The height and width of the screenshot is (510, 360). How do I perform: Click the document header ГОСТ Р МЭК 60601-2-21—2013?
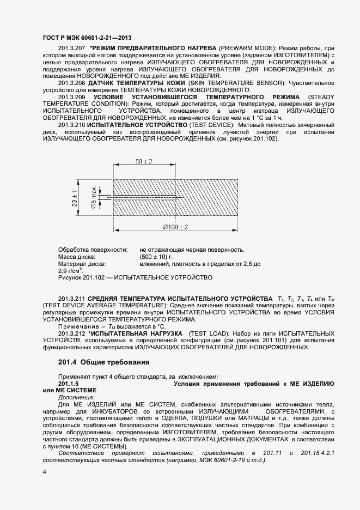point(87,38)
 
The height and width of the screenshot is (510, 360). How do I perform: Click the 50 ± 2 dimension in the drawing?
point(144,162)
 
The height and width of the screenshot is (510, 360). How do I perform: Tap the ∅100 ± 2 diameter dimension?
point(175,227)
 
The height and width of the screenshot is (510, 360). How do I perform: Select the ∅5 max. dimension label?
point(93,197)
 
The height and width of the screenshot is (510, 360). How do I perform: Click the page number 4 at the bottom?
point(44,472)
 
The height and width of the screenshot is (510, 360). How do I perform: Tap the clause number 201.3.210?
point(71,125)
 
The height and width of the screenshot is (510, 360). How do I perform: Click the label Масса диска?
point(77,257)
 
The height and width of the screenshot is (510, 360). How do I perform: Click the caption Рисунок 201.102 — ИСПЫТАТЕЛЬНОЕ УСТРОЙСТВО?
point(135,277)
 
